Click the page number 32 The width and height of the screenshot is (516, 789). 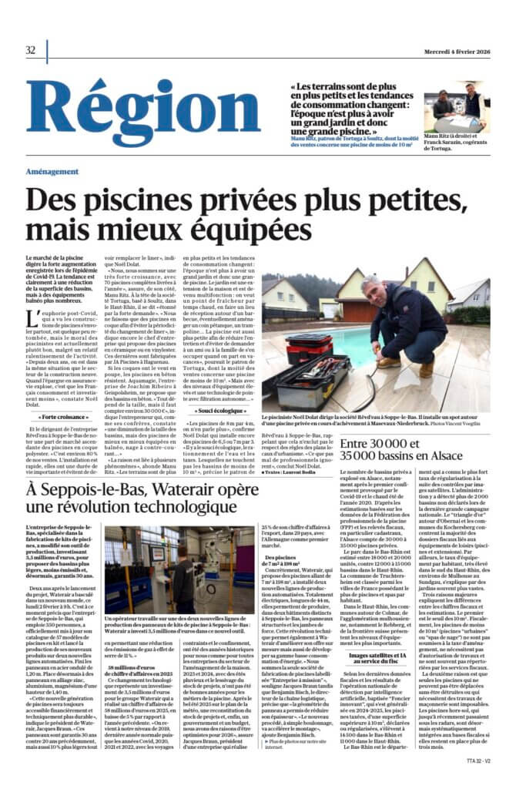coord(31,50)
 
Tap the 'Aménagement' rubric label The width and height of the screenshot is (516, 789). coord(56,171)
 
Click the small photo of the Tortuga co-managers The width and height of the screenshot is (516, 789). coord(456,105)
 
